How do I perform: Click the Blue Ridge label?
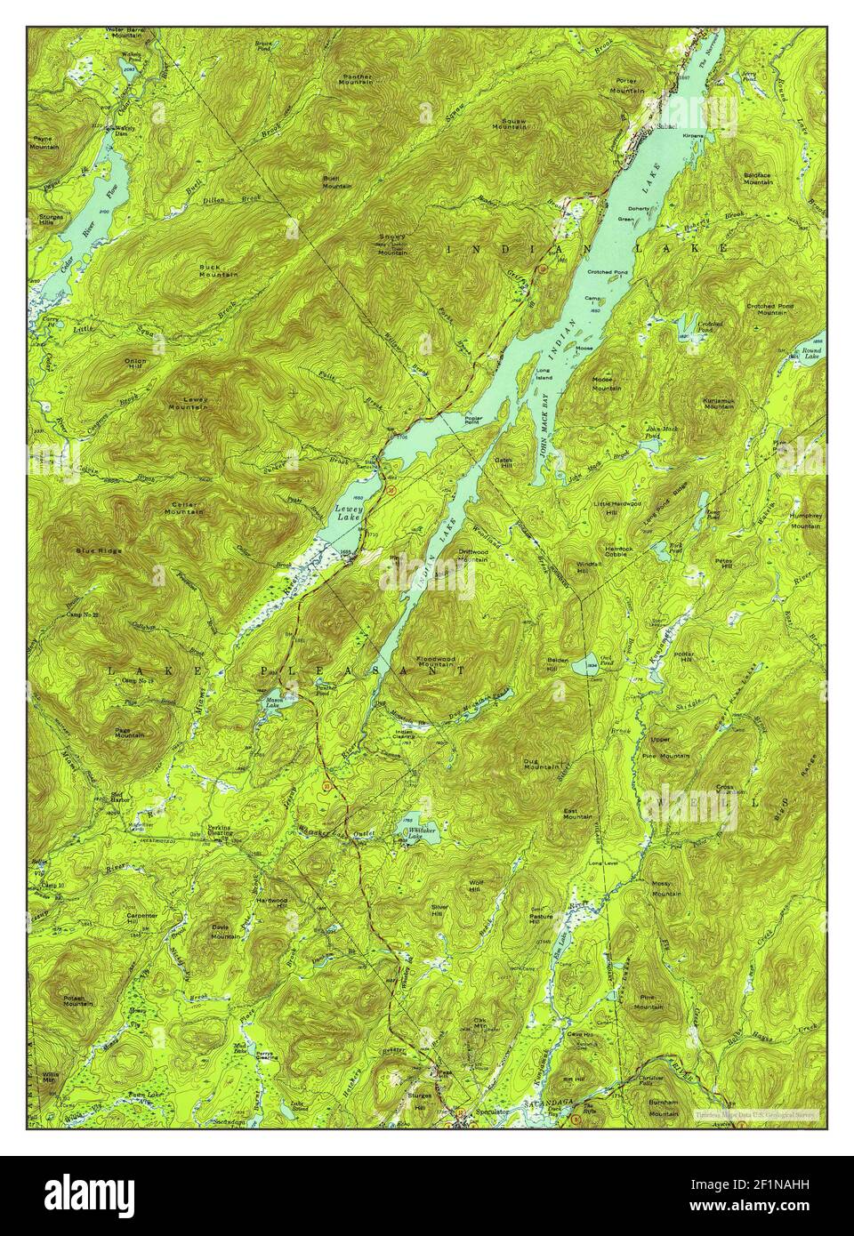click(x=99, y=550)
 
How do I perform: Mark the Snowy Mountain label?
click(x=393, y=244)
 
